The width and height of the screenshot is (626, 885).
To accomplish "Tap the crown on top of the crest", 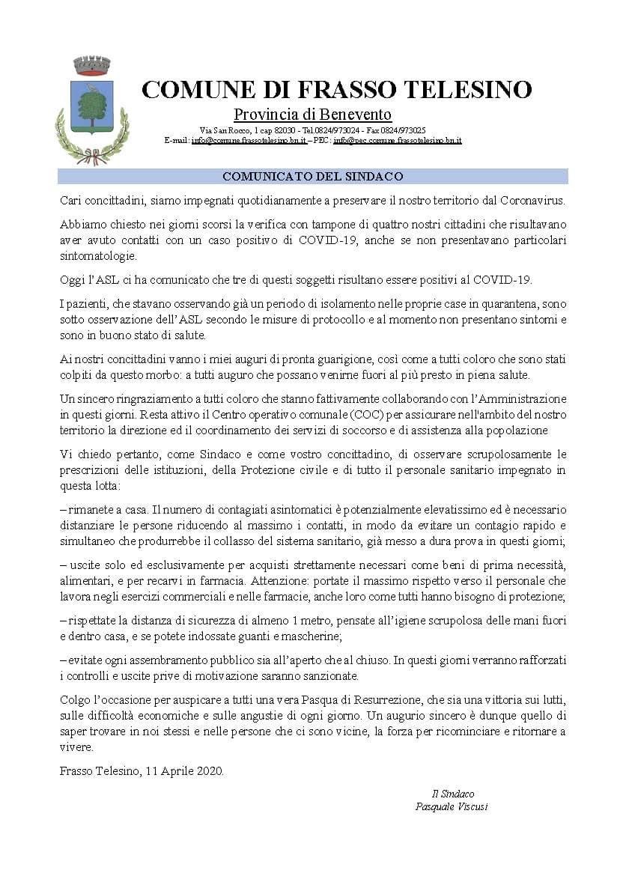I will coord(92,66).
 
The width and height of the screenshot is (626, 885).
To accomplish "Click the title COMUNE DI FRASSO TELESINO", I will coord(336,90).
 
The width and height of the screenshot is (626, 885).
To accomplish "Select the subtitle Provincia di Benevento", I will coord(312,115).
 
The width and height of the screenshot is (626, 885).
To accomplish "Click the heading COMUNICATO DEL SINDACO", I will coord(312,177).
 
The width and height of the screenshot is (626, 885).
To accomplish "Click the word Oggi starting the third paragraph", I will coord(72,280).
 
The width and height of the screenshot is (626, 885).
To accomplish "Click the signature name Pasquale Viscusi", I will coord(452,806).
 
